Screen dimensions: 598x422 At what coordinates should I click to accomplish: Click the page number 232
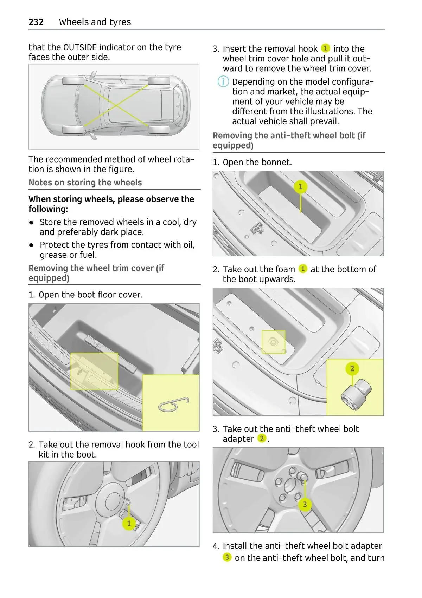pyautogui.click(x=36, y=22)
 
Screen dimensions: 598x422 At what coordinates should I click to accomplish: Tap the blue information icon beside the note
pyautogui.click(x=223, y=82)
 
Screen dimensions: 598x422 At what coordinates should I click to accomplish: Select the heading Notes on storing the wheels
pyautogui.click(x=85, y=183)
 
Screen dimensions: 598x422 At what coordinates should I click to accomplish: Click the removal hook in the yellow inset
pyautogui.click(x=173, y=404)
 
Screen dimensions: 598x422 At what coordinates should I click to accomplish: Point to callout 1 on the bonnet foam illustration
pyautogui.click(x=300, y=186)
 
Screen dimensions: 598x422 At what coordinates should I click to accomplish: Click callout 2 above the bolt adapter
pyautogui.click(x=352, y=368)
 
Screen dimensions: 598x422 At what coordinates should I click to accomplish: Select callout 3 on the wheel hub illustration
pyautogui.click(x=305, y=505)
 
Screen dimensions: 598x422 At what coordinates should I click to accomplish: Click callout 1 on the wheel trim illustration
pyautogui.click(x=129, y=523)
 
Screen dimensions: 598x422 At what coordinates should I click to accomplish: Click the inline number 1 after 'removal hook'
pyautogui.click(x=326, y=48)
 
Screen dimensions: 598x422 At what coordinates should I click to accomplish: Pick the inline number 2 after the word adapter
pyautogui.click(x=262, y=438)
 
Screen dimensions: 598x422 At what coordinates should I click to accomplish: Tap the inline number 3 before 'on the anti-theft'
pyautogui.click(x=227, y=557)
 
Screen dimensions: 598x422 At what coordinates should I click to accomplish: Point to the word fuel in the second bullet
pyautogui.click(x=89, y=255)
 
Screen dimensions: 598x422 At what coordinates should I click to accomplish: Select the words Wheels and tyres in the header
pyautogui.click(x=95, y=22)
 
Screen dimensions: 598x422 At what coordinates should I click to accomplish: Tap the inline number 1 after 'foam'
pyautogui.click(x=303, y=269)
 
